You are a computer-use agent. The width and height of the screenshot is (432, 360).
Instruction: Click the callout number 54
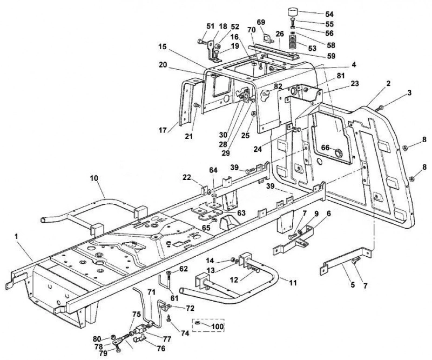(329, 14)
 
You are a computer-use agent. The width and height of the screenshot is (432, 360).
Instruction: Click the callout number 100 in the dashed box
(217, 326)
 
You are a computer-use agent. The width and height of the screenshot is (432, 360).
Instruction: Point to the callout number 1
(17, 236)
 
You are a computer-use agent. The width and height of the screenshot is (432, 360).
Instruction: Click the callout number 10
(93, 178)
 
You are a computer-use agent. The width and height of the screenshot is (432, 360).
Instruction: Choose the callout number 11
(293, 283)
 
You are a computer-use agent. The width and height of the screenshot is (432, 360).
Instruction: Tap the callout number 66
(326, 148)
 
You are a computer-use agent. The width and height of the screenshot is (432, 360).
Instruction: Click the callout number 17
(163, 129)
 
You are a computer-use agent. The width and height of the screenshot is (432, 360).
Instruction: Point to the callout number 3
(409, 92)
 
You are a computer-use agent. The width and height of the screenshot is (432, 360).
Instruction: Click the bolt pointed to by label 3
(380, 108)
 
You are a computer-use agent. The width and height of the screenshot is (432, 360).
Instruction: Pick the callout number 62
(184, 269)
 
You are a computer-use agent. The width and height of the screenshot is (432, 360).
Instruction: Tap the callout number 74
(185, 333)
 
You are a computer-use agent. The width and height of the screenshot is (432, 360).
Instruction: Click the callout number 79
(103, 354)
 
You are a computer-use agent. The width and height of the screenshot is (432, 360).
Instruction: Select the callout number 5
(353, 285)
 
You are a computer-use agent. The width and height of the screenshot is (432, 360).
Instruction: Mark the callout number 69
(261, 22)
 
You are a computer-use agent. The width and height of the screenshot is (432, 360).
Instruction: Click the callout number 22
(187, 178)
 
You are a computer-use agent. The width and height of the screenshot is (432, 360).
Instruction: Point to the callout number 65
(206, 228)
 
